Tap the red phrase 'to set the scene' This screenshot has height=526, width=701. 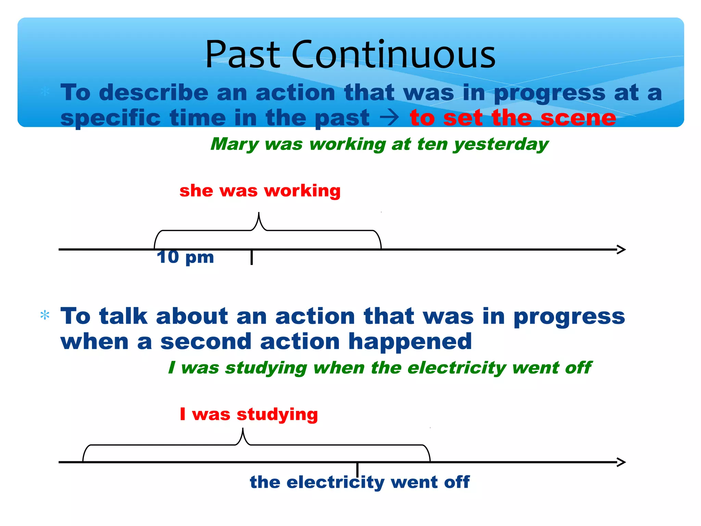(x=512, y=118)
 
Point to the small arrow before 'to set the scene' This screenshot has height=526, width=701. (x=389, y=118)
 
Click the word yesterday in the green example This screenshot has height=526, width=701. (x=501, y=144)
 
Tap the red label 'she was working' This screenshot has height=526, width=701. (x=260, y=190)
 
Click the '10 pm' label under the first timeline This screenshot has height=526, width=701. (x=185, y=257)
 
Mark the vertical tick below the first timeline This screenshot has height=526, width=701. (x=252, y=258)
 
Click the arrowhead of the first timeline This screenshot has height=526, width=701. (x=622, y=249)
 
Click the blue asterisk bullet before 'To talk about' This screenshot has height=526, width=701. (x=45, y=315)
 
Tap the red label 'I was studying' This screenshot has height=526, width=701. (x=249, y=414)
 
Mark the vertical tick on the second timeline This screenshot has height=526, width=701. (x=357, y=469)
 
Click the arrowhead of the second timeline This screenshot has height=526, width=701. (x=622, y=462)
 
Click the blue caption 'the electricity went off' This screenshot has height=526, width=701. (x=359, y=482)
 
